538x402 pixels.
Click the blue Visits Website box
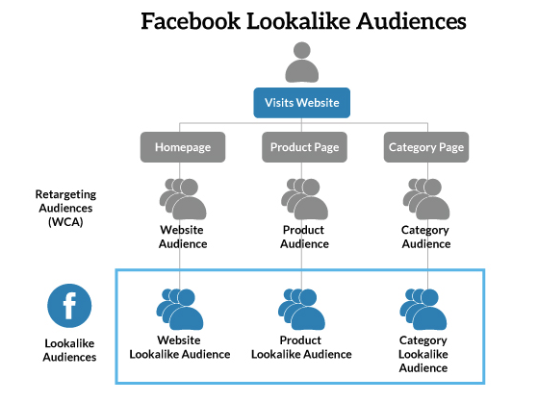[x=301, y=103]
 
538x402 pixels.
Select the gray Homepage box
[x=183, y=147]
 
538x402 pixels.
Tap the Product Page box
[x=304, y=147]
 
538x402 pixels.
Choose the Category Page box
[x=426, y=147]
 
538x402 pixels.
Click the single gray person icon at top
[x=302, y=63]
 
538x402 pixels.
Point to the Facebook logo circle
[x=69, y=306]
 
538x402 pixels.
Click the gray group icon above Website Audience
[x=183, y=199]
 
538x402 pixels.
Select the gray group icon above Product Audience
[x=304, y=199]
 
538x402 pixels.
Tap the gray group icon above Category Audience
[x=426, y=199]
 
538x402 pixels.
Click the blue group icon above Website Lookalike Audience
[x=180, y=310]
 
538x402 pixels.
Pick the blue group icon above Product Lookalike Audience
[x=301, y=310]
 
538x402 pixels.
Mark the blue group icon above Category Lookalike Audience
[x=423, y=310]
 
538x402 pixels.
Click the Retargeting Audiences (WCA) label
[x=65, y=208]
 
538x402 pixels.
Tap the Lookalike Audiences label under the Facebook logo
[x=69, y=350]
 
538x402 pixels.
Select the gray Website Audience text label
[x=183, y=237]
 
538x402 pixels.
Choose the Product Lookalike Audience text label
[x=301, y=347]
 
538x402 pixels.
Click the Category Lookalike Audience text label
[x=423, y=354]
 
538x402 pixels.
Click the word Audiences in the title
[x=411, y=21]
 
